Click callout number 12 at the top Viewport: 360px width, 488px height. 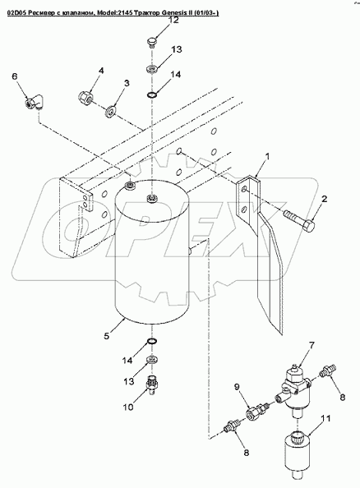[173, 21]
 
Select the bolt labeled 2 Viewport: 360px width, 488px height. [299, 220]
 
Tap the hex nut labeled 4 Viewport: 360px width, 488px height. [84, 96]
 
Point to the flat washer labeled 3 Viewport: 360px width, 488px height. [111, 112]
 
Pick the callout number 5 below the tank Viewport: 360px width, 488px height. [107, 336]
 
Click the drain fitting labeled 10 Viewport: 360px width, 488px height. [152, 385]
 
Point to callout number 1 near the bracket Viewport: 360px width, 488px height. [267, 156]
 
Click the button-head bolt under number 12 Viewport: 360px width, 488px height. [151, 43]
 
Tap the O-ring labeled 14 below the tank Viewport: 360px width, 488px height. [152, 342]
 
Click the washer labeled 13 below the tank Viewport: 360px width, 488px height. [152, 360]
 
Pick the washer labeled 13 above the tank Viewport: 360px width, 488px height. [152, 68]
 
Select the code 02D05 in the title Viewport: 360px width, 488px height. [16, 12]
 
